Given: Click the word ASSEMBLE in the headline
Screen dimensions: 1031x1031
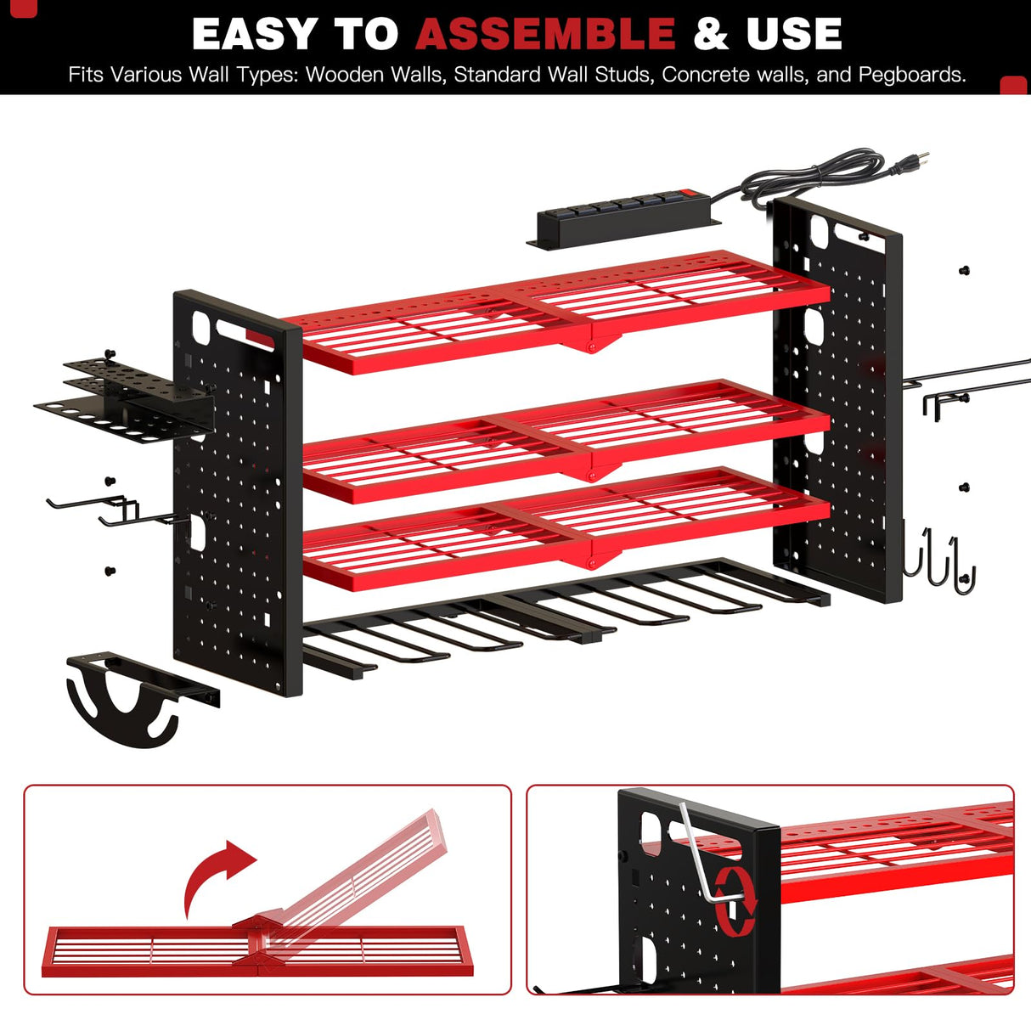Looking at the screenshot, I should [x=545, y=34].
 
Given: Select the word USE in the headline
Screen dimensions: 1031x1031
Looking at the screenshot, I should [x=794, y=34].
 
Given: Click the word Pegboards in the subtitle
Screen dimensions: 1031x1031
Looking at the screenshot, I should [x=911, y=75].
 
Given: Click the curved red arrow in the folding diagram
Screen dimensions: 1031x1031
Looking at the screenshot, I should [x=217, y=875].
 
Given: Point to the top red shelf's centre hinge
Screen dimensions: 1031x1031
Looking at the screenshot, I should [x=592, y=341].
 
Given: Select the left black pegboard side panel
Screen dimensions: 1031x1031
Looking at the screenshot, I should [x=238, y=493].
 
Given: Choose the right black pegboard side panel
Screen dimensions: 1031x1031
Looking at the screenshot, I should [x=837, y=399].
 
